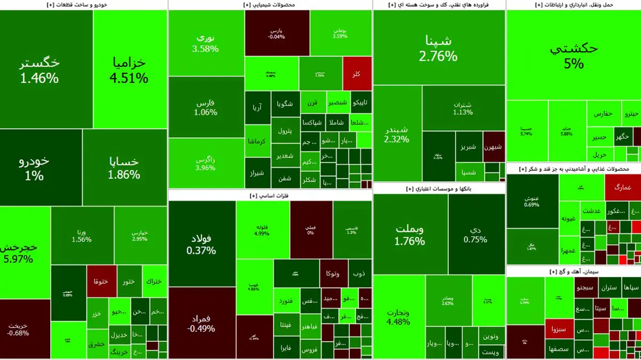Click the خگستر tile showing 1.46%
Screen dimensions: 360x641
[40, 69]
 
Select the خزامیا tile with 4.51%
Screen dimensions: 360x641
[128, 69]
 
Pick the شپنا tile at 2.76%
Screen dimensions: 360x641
[439, 48]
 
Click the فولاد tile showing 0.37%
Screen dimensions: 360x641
[201, 243]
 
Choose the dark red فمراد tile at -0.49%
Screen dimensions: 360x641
[201, 323]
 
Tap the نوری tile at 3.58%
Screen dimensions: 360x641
[206, 43]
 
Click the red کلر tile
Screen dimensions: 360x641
[357, 74]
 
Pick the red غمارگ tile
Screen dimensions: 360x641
[623, 187]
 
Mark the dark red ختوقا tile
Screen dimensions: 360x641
[101, 281]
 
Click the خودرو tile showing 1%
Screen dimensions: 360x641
[34, 168]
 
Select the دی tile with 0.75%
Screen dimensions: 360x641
[475, 234]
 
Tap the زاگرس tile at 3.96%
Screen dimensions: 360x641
[206, 163]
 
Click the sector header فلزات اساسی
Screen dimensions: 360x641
[269, 196]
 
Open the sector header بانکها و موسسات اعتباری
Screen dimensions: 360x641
[439, 189]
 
